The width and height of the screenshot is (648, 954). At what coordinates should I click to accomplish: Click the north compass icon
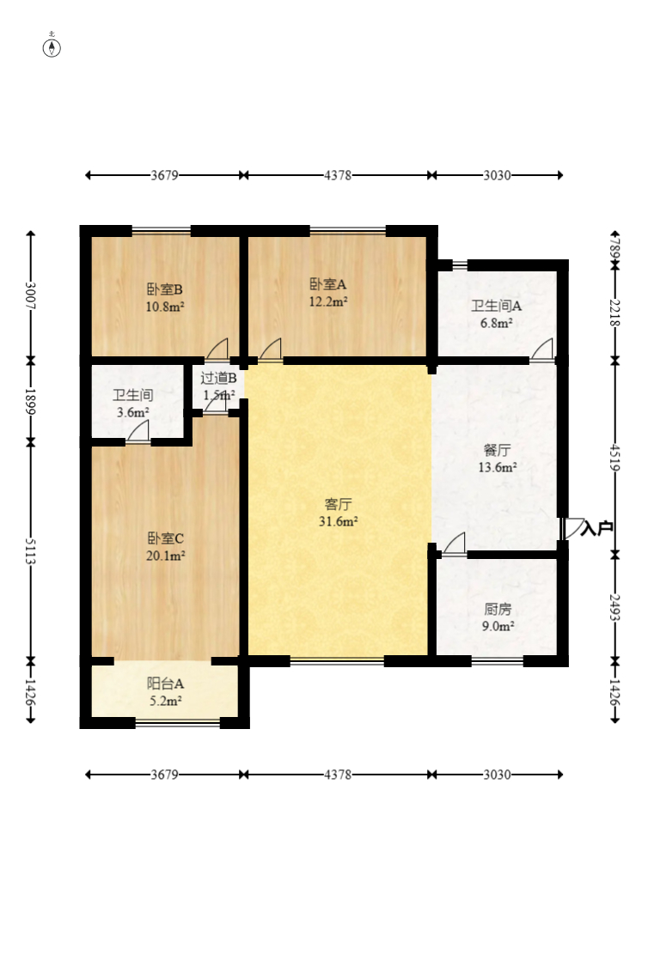coord(52,46)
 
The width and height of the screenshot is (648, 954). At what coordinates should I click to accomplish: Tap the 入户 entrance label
coord(596,528)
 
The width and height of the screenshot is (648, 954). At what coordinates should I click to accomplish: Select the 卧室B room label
coord(164,289)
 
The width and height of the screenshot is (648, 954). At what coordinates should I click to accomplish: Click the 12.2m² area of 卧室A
coord(328,301)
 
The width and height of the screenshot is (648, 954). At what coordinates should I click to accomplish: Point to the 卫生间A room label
coord(496,306)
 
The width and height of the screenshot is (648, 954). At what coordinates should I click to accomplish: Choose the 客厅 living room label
coord(338,504)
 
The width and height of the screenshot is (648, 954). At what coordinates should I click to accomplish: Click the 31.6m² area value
coord(338,521)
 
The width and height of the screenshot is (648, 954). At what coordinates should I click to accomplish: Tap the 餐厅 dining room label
coord(497,450)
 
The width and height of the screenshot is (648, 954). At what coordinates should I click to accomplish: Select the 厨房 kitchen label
coord(497,609)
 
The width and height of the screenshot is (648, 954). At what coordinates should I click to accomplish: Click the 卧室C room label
coord(165,538)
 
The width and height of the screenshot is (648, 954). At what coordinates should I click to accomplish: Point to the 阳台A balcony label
coord(165,684)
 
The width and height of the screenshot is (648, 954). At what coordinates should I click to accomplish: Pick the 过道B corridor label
coord(218,378)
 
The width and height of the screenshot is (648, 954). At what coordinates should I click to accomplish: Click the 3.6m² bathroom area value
coord(132,412)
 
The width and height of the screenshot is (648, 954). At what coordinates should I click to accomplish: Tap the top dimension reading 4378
coord(338,175)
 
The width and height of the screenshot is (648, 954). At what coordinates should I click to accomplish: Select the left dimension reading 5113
coord(30,550)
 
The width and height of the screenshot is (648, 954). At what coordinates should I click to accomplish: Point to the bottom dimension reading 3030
coord(497,775)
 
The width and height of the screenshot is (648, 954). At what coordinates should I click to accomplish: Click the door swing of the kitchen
coord(455,544)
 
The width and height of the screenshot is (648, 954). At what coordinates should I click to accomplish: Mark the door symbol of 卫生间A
coord(541,349)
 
